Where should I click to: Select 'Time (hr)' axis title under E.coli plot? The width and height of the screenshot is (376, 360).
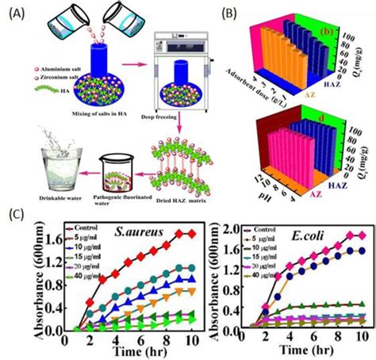[x=306, y=350]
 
